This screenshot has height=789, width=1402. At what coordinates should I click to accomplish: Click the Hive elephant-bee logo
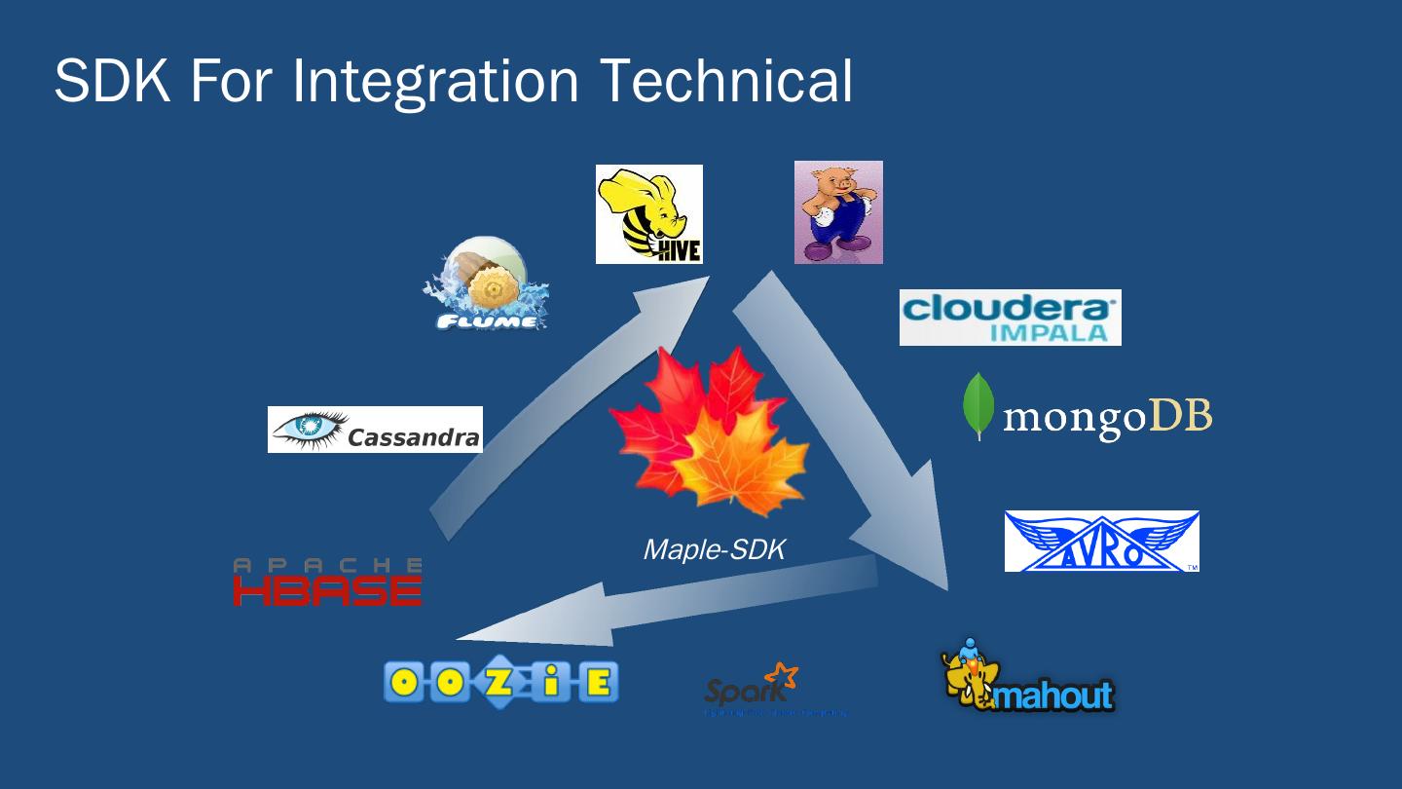(x=648, y=213)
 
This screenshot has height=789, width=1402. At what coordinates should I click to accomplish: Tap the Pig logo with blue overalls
(x=837, y=212)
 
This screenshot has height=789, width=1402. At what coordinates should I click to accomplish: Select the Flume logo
(x=486, y=283)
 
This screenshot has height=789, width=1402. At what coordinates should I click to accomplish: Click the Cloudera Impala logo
(x=1010, y=317)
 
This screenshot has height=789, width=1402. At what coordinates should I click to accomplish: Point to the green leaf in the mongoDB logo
(x=978, y=406)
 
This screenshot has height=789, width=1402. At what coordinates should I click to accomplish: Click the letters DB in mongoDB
(x=1181, y=416)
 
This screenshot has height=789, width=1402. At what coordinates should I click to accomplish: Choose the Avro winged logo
(x=1101, y=542)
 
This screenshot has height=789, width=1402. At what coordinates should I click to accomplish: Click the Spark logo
(x=751, y=687)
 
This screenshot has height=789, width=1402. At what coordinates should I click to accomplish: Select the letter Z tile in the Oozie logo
(x=499, y=682)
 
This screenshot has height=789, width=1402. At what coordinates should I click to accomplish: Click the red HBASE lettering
(x=327, y=590)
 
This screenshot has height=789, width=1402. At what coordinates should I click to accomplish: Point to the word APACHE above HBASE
(x=327, y=564)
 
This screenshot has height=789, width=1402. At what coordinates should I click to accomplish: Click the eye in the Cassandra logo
(x=311, y=428)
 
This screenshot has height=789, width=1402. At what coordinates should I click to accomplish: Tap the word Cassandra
(x=413, y=437)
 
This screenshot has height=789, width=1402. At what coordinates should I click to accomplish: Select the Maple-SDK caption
(x=714, y=549)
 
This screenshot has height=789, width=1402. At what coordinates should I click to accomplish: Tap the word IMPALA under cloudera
(x=1049, y=331)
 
